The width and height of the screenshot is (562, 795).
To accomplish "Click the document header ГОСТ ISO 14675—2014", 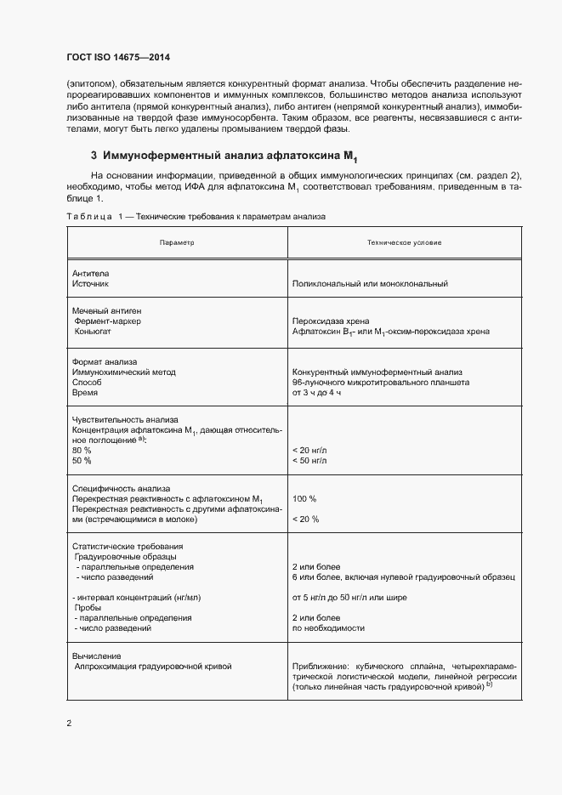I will click(x=124, y=58).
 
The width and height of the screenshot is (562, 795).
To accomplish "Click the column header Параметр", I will click(x=177, y=242).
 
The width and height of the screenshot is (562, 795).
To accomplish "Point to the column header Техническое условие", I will click(x=404, y=242).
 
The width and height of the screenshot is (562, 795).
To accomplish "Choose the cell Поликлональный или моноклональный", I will click(x=369, y=284).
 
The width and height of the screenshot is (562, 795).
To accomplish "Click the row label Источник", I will click(x=91, y=284).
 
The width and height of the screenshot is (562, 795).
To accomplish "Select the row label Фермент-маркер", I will click(x=110, y=321).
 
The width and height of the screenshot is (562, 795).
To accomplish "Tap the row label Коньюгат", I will click(x=95, y=332).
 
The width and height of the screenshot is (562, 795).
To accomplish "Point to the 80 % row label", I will click(x=82, y=449).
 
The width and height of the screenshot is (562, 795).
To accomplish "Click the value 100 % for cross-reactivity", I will click(x=304, y=498).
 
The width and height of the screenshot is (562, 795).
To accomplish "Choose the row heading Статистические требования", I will click(x=127, y=546).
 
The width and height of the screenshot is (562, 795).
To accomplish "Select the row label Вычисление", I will click(x=97, y=656).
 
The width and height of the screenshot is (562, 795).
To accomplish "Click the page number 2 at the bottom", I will click(x=70, y=724).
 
